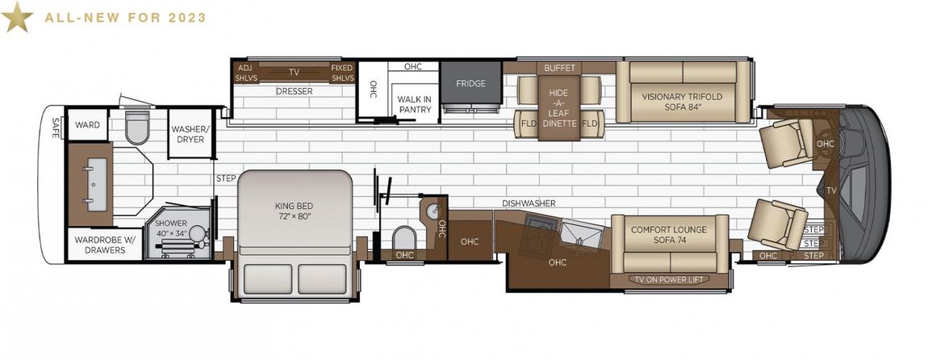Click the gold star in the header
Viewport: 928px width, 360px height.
17,17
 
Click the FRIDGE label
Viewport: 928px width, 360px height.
470,83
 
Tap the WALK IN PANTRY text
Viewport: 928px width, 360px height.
414,104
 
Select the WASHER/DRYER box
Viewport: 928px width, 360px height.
190,134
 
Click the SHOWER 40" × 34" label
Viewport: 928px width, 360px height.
171,228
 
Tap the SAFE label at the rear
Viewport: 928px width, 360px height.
56,128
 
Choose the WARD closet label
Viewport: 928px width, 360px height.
87,125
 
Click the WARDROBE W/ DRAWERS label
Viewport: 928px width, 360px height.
105,245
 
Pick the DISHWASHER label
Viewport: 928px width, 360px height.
529,203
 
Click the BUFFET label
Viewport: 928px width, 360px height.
559,68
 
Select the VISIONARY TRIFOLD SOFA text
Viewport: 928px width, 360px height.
683,102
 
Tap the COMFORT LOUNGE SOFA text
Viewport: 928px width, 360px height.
669,234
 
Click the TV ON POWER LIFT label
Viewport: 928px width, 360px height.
671,279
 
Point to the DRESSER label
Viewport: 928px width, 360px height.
295,91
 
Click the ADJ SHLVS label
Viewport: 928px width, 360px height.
245,73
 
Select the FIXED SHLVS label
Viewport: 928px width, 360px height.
342,73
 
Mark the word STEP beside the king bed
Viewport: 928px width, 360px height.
226,178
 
